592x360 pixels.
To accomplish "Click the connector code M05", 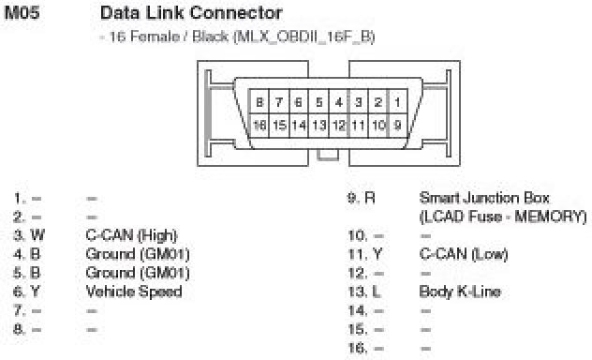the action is [22, 12].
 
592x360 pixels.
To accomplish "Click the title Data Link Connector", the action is [191, 13].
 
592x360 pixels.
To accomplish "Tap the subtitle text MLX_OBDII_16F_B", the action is [304, 37].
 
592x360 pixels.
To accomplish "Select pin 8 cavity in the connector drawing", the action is [259, 101].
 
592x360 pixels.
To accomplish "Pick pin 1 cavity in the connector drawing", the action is [397, 101].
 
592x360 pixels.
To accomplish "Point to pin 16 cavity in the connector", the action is [259, 126].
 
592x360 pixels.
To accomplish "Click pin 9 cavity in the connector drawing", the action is [397, 126].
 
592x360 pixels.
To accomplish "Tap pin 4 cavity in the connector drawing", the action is [338, 101].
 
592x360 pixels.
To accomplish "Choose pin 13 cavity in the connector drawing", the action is [319, 126].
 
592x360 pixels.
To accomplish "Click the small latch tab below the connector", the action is [328, 155].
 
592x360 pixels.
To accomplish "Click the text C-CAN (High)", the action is [131, 235].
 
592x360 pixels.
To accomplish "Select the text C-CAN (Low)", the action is [464, 254].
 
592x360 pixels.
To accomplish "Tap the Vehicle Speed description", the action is [134, 292].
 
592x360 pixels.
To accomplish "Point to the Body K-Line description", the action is [460, 292].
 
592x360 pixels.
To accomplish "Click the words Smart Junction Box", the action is [484, 198].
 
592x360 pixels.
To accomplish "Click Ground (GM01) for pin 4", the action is [138, 254].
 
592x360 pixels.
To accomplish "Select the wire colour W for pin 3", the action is [37, 235].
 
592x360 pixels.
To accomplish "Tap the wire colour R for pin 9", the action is [370, 198].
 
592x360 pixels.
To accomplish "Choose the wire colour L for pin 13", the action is [377, 292].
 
